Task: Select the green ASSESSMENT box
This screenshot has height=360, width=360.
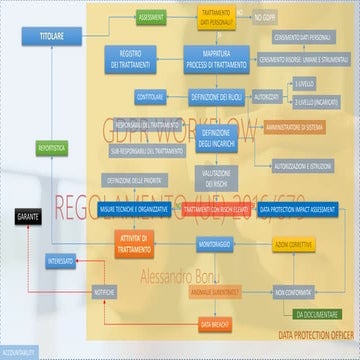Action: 152,18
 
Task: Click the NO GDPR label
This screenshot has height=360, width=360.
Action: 264,18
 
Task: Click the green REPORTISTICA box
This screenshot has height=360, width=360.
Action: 51,147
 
